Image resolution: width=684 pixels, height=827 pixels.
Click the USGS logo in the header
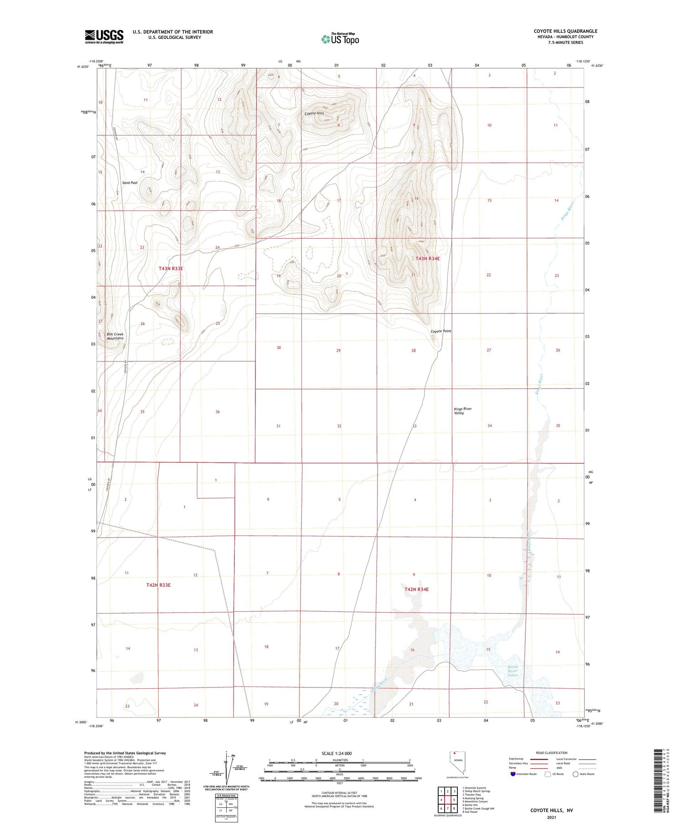pyautogui.click(x=104, y=36)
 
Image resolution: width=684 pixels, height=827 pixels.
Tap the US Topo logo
pyautogui.click(x=340, y=39)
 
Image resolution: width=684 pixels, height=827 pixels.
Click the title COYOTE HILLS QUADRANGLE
pyautogui.click(x=565, y=31)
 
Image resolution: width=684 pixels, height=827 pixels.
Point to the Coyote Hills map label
pyautogui.click(x=314, y=113)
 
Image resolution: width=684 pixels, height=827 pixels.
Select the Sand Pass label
pyautogui.click(x=130, y=182)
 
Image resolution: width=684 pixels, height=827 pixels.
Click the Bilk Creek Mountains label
pyautogui.click(x=115, y=336)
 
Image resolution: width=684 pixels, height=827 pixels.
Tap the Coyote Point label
pyautogui.click(x=441, y=331)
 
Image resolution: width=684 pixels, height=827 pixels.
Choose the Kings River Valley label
pyautogui.click(x=462, y=411)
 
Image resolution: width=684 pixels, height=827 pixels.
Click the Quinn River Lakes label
pyautogui.click(x=513, y=671)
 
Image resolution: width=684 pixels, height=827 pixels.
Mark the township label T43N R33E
pyautogui.click(x=171, y=269)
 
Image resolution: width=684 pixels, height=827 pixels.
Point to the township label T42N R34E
pyautogui.click(x=416, y=589)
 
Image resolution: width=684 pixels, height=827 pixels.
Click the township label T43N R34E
pyautogui.click(x=427, y=259)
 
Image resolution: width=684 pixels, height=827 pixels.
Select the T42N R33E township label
pyautogui.click(x=158, y=585)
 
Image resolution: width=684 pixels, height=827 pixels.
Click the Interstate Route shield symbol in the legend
pyautogui.click(x=513, y=774)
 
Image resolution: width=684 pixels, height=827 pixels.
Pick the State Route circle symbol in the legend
pyautogui.click(x=575, y=774)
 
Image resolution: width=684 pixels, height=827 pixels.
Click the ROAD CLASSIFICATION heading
pyautogui.click(x=551, y=753)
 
